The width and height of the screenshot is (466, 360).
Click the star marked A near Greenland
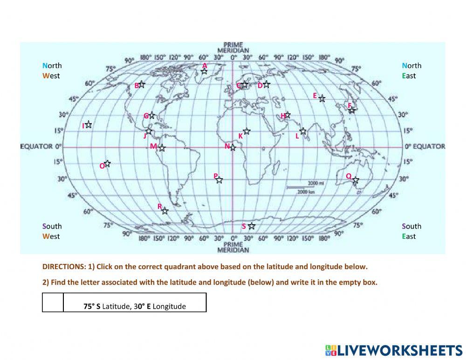(x=204, y=71)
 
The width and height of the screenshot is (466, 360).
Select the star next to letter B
(x=142, y=84)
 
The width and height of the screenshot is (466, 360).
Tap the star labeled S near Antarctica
(x=252, y=226)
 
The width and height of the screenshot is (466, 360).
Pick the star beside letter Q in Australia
(x=356, y=180)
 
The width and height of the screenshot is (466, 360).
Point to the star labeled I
(x=88, y=125)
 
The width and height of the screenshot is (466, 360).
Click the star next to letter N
(x=233, y=147)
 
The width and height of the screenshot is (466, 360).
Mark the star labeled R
(x=164, y=211)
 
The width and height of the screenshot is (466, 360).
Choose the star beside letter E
(x=322, y=98)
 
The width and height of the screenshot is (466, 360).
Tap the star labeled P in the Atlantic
(x=219, y=180)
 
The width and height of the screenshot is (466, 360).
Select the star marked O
(x=107, y=164)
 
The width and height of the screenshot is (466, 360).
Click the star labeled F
(x=352, y=110)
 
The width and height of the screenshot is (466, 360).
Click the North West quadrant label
(x=52, y=70)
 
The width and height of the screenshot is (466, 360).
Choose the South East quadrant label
(x=411, y=231)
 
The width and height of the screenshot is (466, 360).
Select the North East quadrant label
(x=411, y=70)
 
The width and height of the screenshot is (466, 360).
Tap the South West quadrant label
(x=52, y=231)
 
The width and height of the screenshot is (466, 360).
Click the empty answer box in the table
(x=53, y=302)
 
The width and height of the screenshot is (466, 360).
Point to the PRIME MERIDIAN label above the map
(x=233, y=48)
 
